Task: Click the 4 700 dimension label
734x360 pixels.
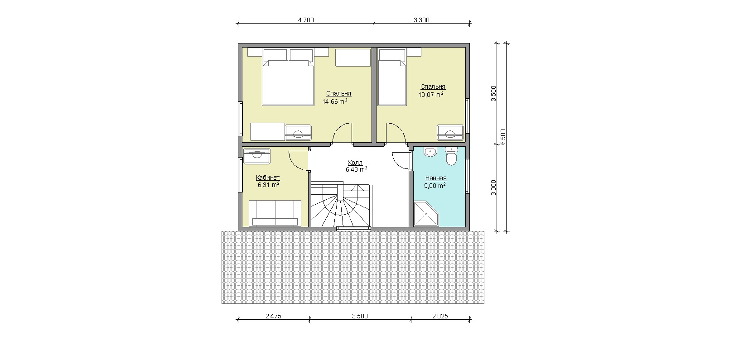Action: tap(306, 20)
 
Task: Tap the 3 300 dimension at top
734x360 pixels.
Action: tap(421, 20)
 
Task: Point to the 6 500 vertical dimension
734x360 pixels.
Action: tap(503, 137)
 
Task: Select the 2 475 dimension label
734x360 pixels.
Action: tap(273, 316)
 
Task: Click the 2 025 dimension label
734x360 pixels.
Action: tap(440, 316)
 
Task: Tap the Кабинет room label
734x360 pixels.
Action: tap(268, 178)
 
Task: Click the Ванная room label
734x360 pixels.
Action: tap(436, 178)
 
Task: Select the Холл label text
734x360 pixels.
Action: tap(355, 163)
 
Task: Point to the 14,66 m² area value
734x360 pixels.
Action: tap(335, 101)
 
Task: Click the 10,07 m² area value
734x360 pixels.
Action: tap(431, 94)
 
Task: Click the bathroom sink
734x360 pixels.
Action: tap(430, 152)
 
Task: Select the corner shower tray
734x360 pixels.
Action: tap(425, 214)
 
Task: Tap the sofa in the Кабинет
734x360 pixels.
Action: tap(275, 213)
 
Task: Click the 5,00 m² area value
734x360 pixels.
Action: tap(435, 186)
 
